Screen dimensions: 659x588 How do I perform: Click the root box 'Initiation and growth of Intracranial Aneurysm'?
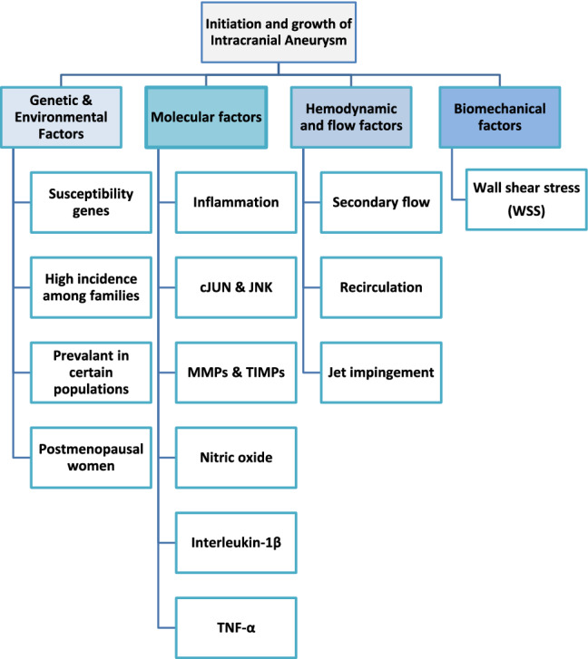tap(293, 37)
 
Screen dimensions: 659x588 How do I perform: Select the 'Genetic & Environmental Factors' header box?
tap(72, 117)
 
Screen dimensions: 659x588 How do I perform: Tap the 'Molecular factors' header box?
tap(206, 117)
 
